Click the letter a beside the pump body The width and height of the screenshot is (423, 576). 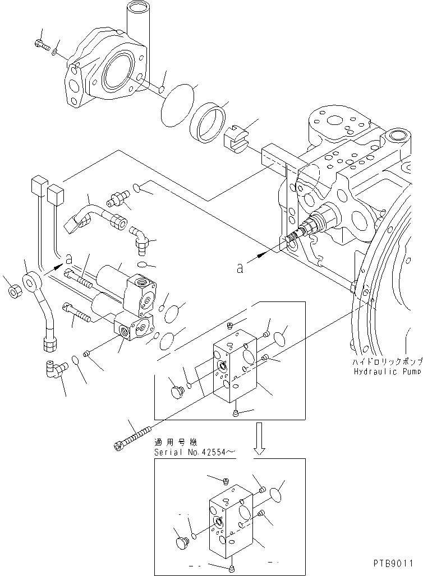tap(240, 268)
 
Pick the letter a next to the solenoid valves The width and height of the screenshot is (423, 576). tap(68, 259)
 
